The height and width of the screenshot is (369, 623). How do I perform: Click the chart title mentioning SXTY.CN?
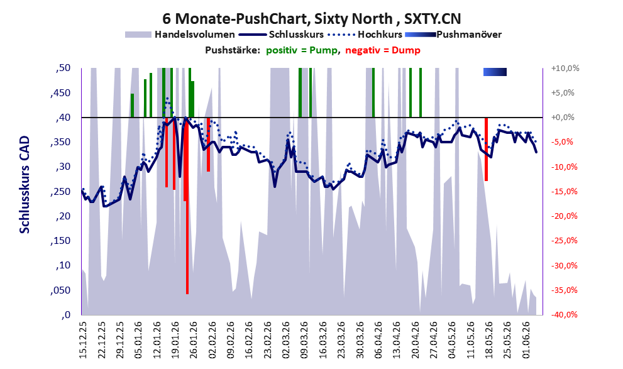pyautogui.click(x=312, y=19)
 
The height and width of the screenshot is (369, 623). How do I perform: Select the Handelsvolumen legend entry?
pyautogui.click(x=180, y=35)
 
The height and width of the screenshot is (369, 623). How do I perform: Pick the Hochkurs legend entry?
pyautogui.click(x=365, y=35)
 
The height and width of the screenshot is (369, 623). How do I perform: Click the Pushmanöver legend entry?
pyautogui.click(x=453, y=35)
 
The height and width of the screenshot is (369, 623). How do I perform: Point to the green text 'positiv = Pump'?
pyautogui.click(x=302, y=50)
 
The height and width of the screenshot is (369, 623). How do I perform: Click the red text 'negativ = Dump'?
pyautogui.click(x=383, y=50)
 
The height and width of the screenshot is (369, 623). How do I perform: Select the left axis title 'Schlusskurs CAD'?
pyautogui.click(x=25, y=185)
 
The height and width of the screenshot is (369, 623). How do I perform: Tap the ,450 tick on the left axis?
pyautogui.click(x=60, y=93)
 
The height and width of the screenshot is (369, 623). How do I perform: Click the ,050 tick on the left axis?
pyautogui.click(x=60, y=290)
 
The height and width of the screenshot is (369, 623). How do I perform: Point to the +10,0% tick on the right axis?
pyautogui.click(x=565, y=69)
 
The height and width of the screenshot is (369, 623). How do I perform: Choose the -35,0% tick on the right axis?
pyautogui.click(x=564, y=290)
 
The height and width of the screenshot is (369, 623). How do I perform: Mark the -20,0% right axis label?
pyautogui.click(x=564, y=216)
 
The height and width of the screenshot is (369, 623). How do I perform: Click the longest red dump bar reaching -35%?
pyautogui.click(x=187, y=206)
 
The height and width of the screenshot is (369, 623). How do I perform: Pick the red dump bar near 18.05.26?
pyautogui.click(x=486, y=150)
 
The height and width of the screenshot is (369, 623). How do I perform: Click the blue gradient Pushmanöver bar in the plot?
pyautogui.click(x=495, y=72)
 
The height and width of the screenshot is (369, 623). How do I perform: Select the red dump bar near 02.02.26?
pyautogui.click(x=208, y=145)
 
